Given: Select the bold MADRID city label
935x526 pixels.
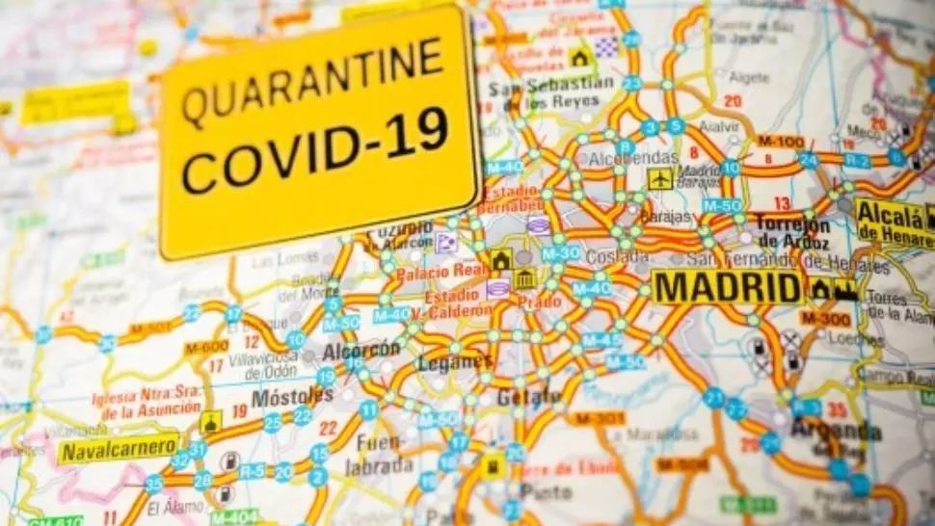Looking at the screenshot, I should (726, 287).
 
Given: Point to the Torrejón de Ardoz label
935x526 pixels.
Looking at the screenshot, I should (792, 232).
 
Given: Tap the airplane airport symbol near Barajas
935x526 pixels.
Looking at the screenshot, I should (659, 178).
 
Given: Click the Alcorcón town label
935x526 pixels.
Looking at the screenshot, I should (361, 350).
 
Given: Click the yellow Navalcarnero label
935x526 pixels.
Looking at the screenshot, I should (119, 448).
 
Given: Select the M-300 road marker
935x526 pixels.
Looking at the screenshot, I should (824, 318).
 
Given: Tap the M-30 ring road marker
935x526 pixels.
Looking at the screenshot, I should (560, 253).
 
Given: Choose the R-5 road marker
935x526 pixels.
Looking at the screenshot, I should (252, 471).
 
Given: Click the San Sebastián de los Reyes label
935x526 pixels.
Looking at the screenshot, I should (550, 92).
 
